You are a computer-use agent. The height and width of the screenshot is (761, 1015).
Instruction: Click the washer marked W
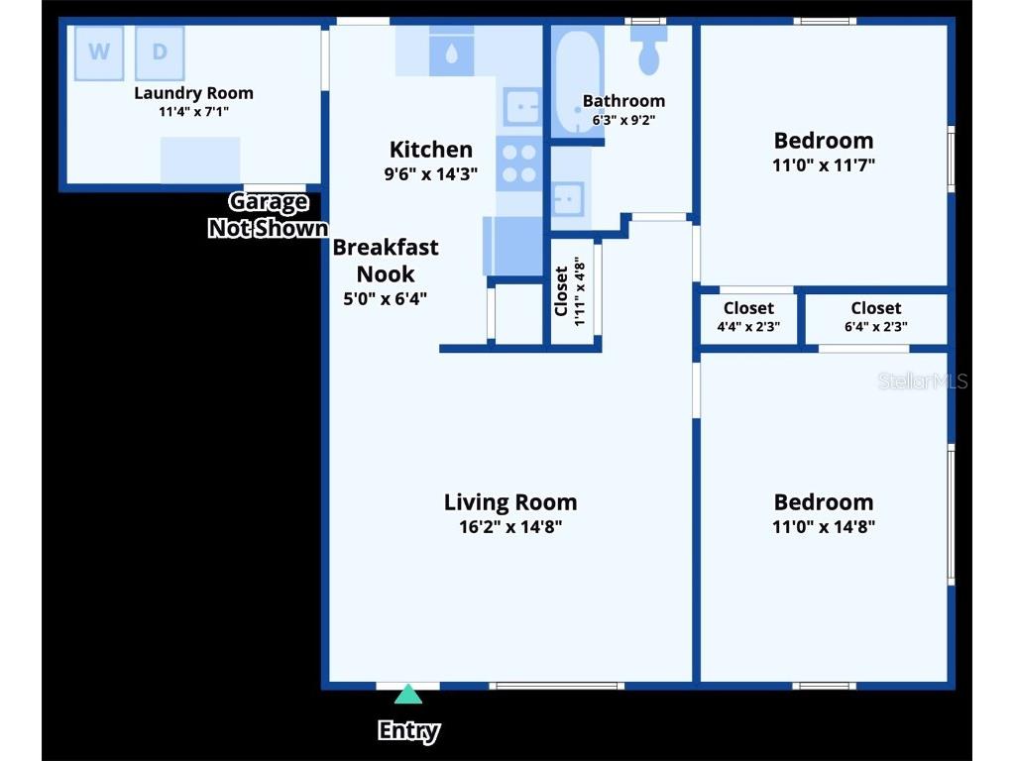click(x=99, y=53)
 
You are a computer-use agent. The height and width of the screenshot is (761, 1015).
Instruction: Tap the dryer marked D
click(x=160, y=53)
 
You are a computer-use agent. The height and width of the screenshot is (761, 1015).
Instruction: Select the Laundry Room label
click(x=193, y=93)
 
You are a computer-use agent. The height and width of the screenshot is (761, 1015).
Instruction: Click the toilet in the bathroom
click(x=649, y=51)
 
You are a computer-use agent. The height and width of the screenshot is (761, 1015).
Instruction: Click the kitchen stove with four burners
click(x=519, y=164)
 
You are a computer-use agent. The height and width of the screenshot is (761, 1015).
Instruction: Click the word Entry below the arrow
click(x=408, y=731)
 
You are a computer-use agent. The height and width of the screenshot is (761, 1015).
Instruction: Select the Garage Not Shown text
click(x=268, y=215)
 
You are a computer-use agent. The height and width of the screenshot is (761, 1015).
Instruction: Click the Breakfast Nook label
click(x=385, y=261)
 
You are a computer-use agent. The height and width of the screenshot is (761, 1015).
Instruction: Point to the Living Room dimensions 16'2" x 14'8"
click(x=509, y=527)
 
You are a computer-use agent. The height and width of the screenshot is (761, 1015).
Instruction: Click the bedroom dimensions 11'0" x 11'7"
click(x=823, y=165)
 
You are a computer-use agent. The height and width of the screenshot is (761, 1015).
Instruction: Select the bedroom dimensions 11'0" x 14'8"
click(x=823, y=527)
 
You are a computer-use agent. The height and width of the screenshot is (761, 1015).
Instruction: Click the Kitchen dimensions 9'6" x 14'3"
click(x=430, y=173)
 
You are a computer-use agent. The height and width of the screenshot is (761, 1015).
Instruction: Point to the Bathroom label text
click(x=623, y=101)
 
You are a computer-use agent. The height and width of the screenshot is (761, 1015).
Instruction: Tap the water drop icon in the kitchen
click(x=451, y=54)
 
